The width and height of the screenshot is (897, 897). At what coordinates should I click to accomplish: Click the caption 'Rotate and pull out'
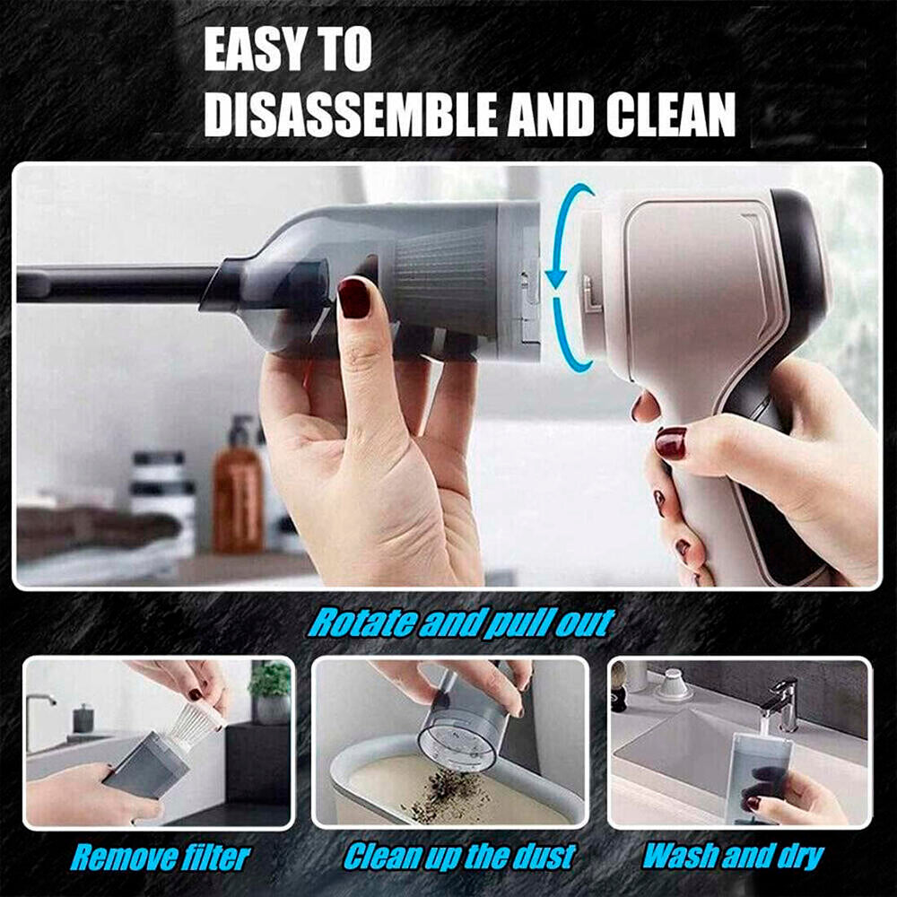coord(461,623)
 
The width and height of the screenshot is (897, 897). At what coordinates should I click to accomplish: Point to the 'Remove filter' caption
coord(161,858)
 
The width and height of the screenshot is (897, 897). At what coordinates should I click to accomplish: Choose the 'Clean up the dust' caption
coord(459,857)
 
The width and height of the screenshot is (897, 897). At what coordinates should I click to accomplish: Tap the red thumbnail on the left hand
coord(354,298)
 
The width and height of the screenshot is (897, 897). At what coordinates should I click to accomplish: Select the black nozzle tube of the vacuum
coord(115,283)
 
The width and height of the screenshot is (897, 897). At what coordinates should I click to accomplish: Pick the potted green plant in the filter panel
coord(271,692)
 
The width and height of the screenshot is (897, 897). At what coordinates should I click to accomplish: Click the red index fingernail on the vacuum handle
coord(670,443)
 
